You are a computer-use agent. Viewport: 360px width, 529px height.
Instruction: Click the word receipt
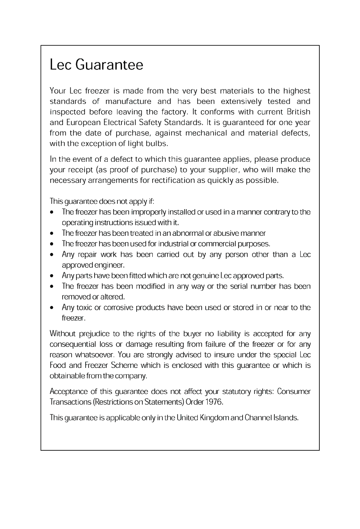80,170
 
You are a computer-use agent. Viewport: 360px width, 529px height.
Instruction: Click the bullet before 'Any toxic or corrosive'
52,308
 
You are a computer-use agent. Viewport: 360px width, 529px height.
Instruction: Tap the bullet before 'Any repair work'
52,255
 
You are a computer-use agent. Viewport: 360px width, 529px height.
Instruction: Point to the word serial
239,286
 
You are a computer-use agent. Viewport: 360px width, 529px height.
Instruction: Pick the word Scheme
123,365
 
